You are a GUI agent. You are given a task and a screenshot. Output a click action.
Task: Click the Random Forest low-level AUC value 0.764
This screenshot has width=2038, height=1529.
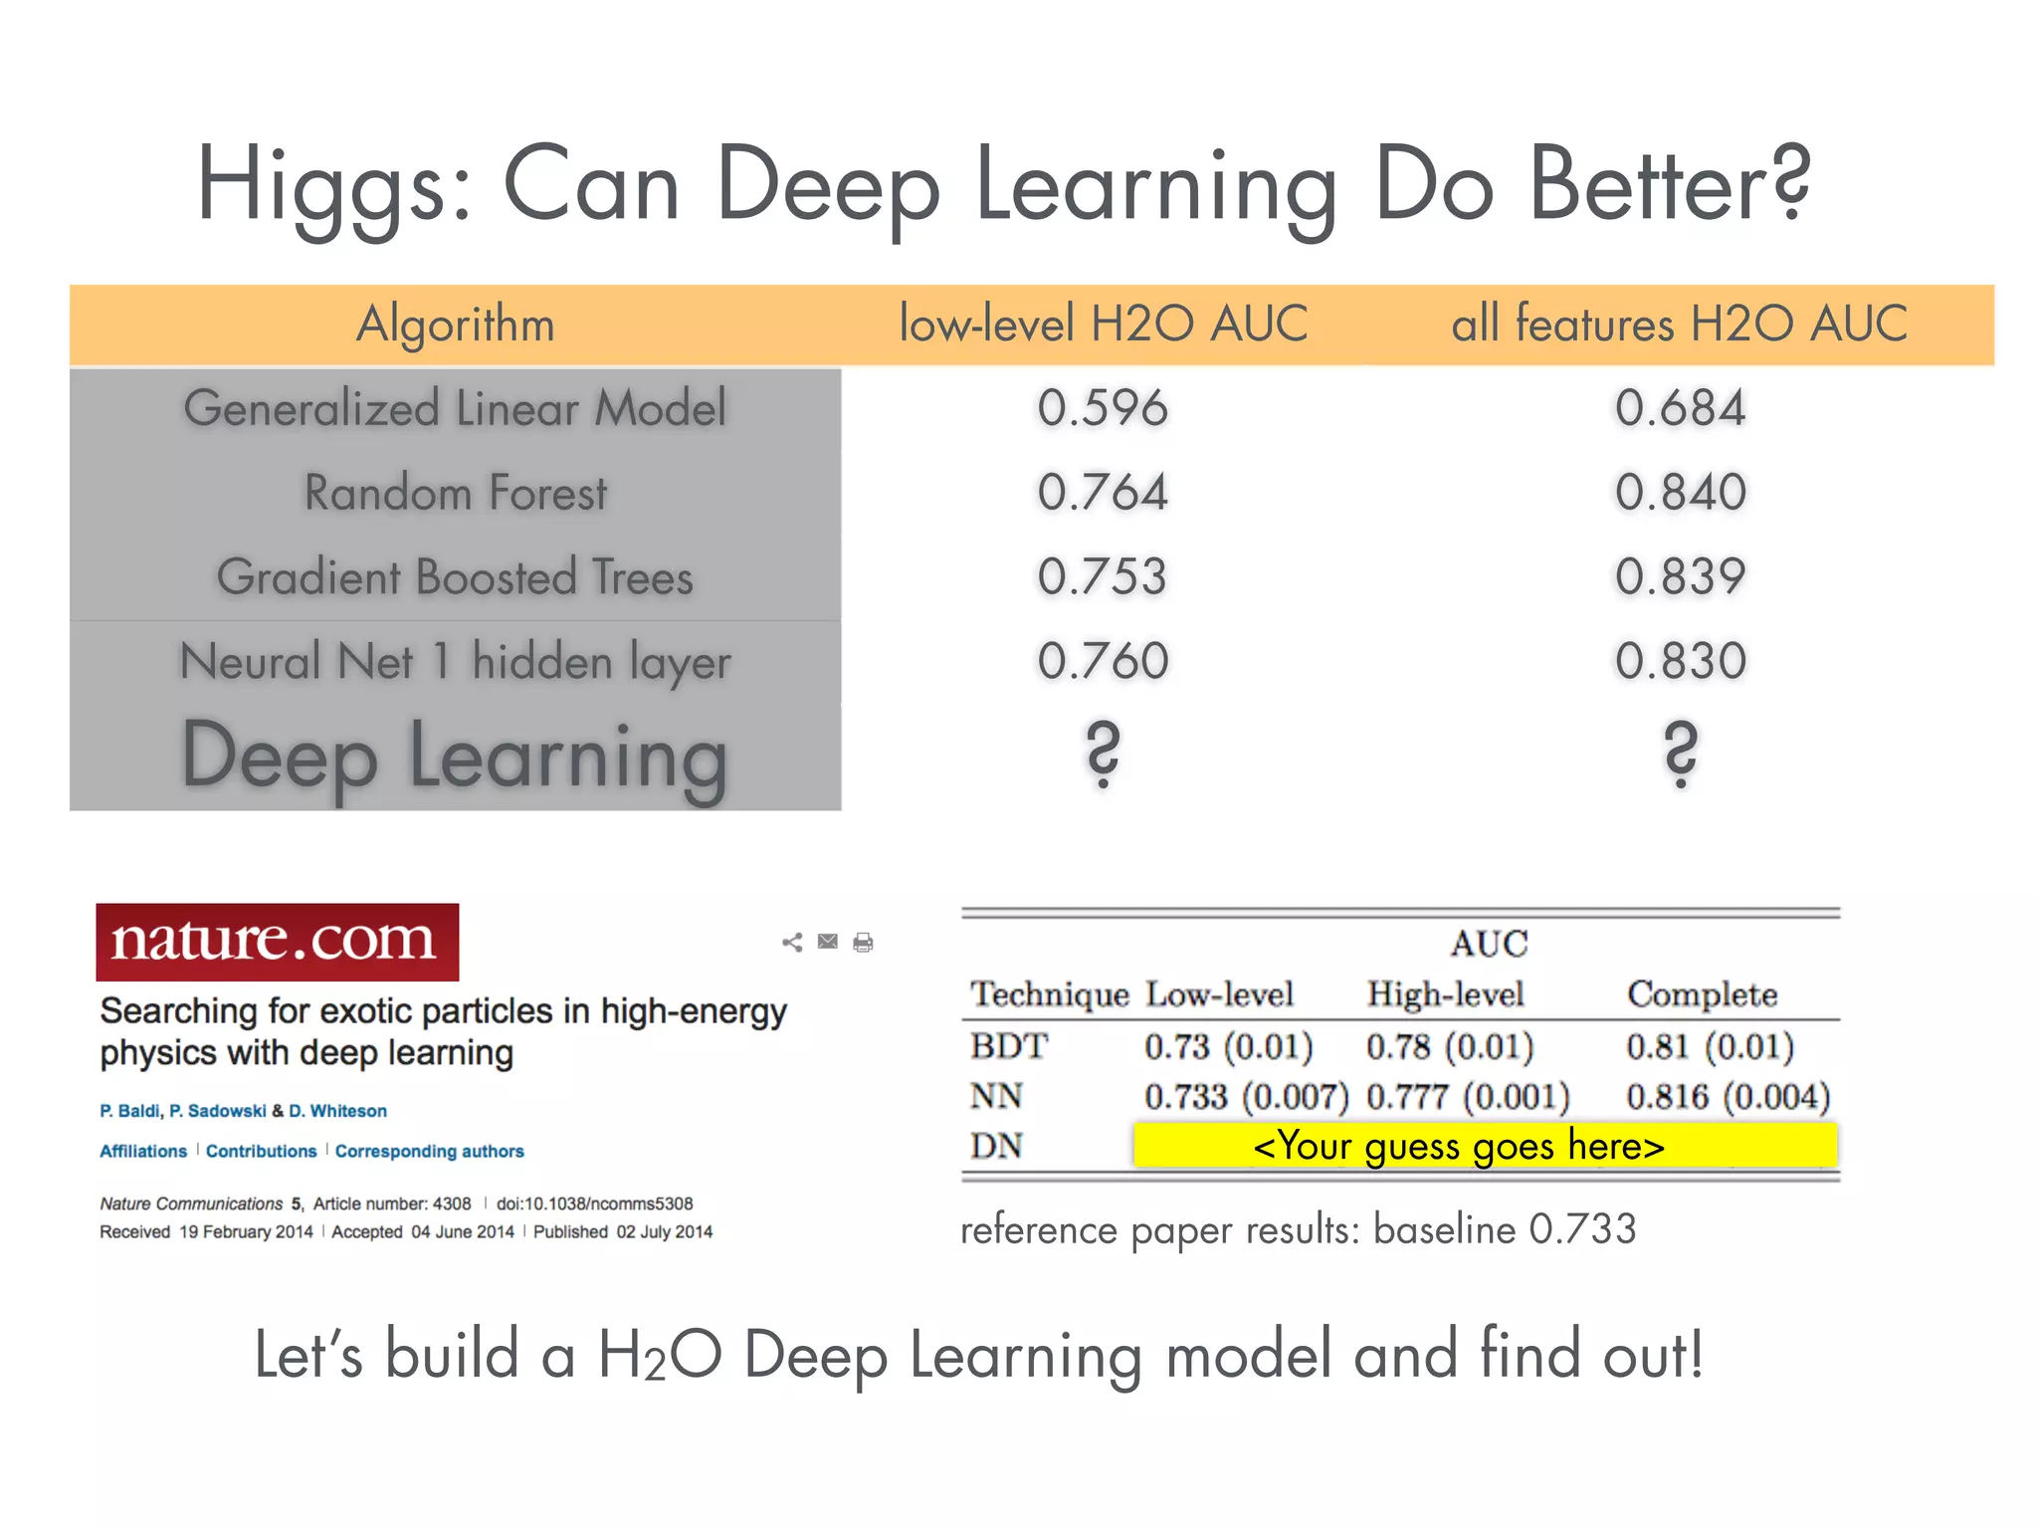pos(1103,492)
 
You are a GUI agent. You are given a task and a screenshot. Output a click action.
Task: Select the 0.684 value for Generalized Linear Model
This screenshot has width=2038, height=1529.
pos(1680,408)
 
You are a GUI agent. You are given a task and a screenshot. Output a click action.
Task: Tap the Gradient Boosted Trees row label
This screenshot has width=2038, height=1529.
pos(455,577)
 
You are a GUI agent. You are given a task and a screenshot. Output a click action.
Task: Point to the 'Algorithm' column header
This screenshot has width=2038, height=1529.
pos(455,325)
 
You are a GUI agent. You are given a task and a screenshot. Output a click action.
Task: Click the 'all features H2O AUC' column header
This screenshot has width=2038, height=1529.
pos(1680,325)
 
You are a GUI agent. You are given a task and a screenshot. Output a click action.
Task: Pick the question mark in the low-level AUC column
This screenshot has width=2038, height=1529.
pos(1103,754)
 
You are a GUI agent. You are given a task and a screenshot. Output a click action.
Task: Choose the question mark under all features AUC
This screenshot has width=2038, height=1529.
pos(1680,754)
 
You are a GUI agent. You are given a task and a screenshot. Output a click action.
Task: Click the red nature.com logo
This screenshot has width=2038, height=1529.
pos(277,942)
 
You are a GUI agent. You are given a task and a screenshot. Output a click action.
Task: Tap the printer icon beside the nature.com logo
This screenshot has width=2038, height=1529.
pos(863,942)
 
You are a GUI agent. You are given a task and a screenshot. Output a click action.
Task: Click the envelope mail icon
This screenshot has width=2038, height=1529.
pos(827,941)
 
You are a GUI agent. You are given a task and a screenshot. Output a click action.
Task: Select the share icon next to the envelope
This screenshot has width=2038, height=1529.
pos(792,942)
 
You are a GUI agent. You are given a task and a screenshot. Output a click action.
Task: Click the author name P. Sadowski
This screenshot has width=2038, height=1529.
pos(217,1111)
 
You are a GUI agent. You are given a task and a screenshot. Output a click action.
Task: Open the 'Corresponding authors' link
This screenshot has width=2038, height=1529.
pos(429,1152)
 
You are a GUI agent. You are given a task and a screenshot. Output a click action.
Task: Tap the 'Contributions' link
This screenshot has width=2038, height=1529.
pos(261,1152)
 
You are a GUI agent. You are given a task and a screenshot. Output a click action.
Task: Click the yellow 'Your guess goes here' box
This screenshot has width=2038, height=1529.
pos(1485,1146)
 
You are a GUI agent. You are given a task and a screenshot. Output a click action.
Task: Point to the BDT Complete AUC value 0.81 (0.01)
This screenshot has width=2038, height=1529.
pos(1710,1046)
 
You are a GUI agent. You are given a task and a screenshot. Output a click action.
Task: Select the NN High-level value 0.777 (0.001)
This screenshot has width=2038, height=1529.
pos(1468,1097)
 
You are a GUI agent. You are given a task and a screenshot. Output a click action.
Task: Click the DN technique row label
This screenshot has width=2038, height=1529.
pos(996,1146)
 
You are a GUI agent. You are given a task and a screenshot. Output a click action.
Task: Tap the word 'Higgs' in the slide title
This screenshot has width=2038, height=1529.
pos(334,184)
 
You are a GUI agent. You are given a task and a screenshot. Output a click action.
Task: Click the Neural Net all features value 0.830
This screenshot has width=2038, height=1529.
pos(1680,661)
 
